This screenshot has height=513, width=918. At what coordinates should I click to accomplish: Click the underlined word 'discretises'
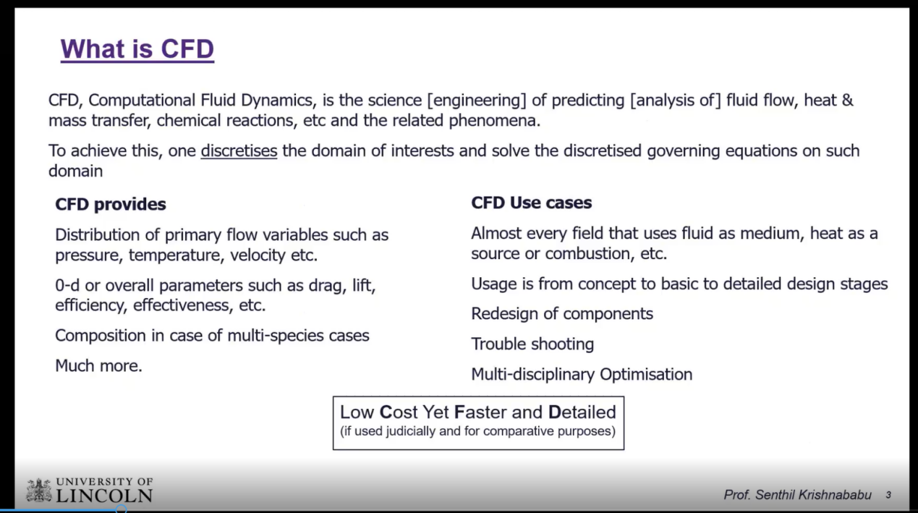239,150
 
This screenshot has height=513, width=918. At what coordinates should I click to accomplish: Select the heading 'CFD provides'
111,204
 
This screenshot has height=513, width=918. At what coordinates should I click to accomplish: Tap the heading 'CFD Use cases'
532,203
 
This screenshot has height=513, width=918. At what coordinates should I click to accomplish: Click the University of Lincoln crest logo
39,490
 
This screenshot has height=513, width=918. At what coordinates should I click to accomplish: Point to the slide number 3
888,495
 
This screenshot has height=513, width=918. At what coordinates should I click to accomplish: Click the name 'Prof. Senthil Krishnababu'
797,495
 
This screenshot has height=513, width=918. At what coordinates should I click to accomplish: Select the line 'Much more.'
99,365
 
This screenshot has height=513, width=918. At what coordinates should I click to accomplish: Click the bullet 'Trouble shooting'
532,344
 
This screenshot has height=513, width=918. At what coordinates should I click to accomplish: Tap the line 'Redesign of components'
562,314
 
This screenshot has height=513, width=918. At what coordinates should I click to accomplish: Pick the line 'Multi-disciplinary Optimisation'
582,374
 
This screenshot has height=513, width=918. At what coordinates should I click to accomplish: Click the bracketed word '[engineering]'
477,101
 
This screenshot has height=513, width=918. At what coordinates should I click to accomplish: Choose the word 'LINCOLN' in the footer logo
104,496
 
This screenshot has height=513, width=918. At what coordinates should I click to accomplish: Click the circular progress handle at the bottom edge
121,509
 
